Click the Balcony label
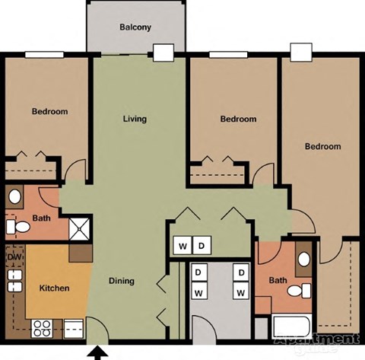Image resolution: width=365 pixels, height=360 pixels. point(135,28)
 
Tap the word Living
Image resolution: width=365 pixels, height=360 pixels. point(135,119)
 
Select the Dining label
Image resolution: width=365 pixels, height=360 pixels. point(122,280)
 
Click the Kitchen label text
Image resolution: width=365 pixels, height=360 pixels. point(54,288)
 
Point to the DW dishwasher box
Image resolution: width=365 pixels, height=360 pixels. point(14,257)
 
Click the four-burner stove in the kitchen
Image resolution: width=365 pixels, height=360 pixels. point(42,329)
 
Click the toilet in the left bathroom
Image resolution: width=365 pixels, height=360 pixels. point(16,226)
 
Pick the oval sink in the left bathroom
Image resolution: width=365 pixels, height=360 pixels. point(15,196)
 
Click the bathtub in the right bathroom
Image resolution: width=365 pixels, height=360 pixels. point(292,327)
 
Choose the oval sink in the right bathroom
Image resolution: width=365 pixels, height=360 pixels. point(304,259)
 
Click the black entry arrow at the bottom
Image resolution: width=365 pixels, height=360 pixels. point(97,352)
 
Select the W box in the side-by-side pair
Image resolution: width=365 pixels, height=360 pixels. point(183,246)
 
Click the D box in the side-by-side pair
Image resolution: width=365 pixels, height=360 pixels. point(202,246)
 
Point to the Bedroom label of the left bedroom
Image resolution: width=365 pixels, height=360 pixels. point(49,112)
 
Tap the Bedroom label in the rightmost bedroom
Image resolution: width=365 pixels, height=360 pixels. point(323,146)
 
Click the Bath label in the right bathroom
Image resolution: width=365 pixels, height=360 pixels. point(278,281)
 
